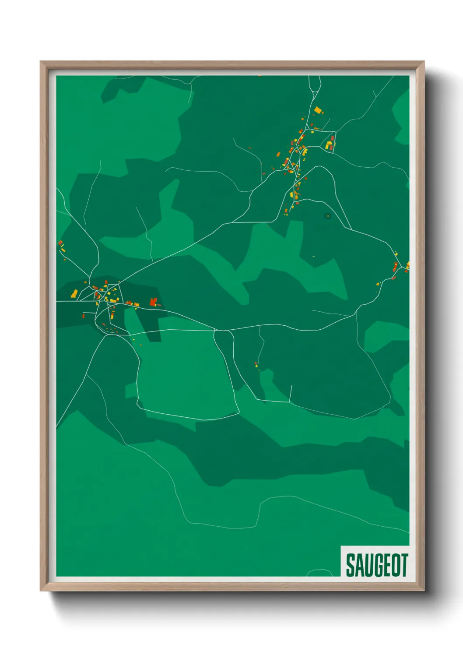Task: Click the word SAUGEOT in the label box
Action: tap(377, 565)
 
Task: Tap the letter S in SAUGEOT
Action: tap(351, 565)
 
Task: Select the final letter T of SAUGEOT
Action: tap(404, 565)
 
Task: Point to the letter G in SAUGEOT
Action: tap(377, 565)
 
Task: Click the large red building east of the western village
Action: tap(153, 301)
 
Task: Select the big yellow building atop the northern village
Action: tap(317, 109)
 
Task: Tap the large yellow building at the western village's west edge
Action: tap(75, 293)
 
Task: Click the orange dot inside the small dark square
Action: tap(328, 216)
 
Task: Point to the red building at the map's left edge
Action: tap(60, 243)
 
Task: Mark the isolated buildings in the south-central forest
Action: tap(256, 365)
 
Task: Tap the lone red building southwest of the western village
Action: tap(84, 316)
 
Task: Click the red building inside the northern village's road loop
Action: tap(333, 139)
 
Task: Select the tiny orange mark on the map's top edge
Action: tap(259, 76)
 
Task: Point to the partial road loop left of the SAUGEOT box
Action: tap(320, 572)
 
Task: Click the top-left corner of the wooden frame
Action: tap(41, 62)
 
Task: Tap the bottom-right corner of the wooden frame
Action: tap(424, 590)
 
